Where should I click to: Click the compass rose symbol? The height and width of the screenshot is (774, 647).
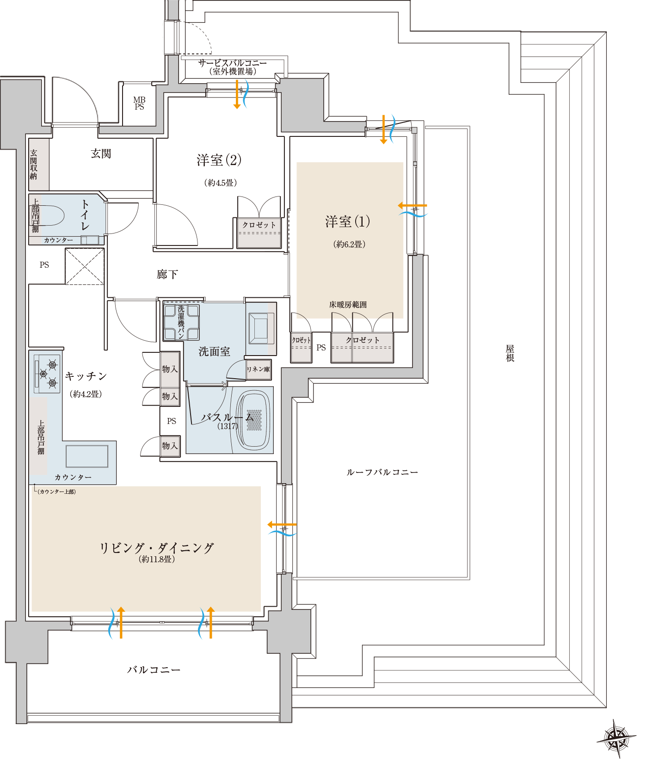(x=616, y=739)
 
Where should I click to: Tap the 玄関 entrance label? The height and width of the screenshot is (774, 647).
(x=101, y=154)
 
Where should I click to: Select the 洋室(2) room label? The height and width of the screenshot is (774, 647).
(x=219, y=160)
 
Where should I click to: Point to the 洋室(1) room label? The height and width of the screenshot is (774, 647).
(x=348, y=222)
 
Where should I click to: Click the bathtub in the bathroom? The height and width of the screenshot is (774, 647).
(x=253, y=420)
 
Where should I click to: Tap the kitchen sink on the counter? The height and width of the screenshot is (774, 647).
(x=87, y=456)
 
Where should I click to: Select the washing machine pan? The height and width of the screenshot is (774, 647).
(x=181, y=322)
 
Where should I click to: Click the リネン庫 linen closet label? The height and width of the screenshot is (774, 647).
(x=258, y=369)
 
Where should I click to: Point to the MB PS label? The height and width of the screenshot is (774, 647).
(x=139, y=103)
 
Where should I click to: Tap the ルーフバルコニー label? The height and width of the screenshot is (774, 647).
(x=382, y=473)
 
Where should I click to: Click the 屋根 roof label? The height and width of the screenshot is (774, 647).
(x=510, y=353)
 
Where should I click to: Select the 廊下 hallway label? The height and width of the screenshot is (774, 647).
(x=167, y=275)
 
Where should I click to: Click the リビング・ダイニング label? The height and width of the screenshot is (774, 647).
(x=157, y=548)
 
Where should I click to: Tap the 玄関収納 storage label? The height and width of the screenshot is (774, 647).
(x=33, y=164)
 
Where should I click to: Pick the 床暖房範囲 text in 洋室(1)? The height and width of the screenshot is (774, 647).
(x=348, y=305)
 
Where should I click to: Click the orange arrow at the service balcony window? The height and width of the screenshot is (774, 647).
(x=237, y=94)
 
